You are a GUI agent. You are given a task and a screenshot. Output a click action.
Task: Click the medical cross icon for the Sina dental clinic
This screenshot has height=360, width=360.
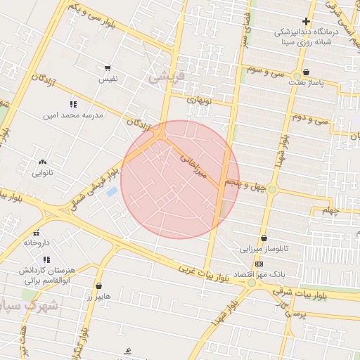[306, 21]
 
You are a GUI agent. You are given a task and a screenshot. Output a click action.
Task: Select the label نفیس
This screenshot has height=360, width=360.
[108, 79]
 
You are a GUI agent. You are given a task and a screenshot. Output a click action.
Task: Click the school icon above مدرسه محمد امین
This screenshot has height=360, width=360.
[73, 104]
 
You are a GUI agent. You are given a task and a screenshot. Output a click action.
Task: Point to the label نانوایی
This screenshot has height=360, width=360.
[42, 172]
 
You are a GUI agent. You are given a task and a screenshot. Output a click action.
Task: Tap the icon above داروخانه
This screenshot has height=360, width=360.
[36, 233]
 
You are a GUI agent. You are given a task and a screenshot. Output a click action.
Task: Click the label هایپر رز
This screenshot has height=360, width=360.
[99, 297]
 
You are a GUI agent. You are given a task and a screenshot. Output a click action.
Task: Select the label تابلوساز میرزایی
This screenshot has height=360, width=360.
[265, 249]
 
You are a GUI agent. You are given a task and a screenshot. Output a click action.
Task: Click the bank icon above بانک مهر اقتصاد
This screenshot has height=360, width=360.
[259, 264]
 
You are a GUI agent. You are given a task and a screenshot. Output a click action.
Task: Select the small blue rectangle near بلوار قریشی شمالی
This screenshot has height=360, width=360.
[111, 192]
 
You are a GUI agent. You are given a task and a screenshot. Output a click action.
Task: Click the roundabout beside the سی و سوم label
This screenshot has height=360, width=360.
[297, 75]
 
